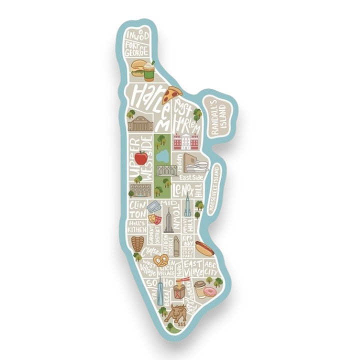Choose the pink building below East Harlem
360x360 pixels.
(x=186, y=142)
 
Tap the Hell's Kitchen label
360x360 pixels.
(x=136, y=226)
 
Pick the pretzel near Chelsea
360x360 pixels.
(x=161, y=260)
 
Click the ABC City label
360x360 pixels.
(x=210, y=266)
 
